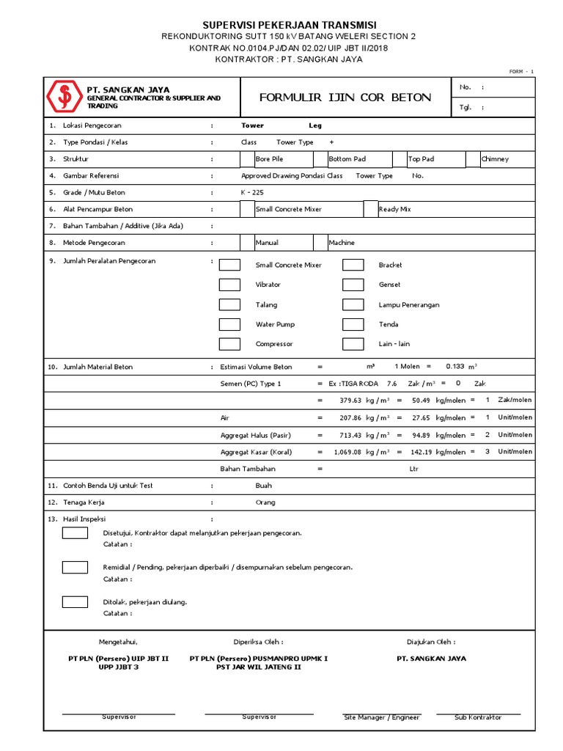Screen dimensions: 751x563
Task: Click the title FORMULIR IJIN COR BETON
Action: click(345, 98)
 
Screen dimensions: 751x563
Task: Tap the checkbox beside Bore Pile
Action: click(247, 159)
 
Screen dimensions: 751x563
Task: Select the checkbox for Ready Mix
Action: click(371, 209)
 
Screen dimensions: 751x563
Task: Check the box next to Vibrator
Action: click(229, 285)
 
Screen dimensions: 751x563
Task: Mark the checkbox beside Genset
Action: click(353, 285)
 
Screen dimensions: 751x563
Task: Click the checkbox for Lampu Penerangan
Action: click(353, 304)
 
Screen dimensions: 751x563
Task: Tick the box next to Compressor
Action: click(229, 344)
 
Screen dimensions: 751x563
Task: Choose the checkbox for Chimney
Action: click(473, 159)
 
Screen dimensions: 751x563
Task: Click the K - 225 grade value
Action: click(252, 192)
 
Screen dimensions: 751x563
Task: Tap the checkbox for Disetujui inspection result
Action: click(75, 532)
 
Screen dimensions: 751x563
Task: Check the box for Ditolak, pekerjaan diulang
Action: click(75, 601)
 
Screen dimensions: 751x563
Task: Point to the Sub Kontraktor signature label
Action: click(478, 717)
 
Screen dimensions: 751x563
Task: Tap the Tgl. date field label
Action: click(466, 107)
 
